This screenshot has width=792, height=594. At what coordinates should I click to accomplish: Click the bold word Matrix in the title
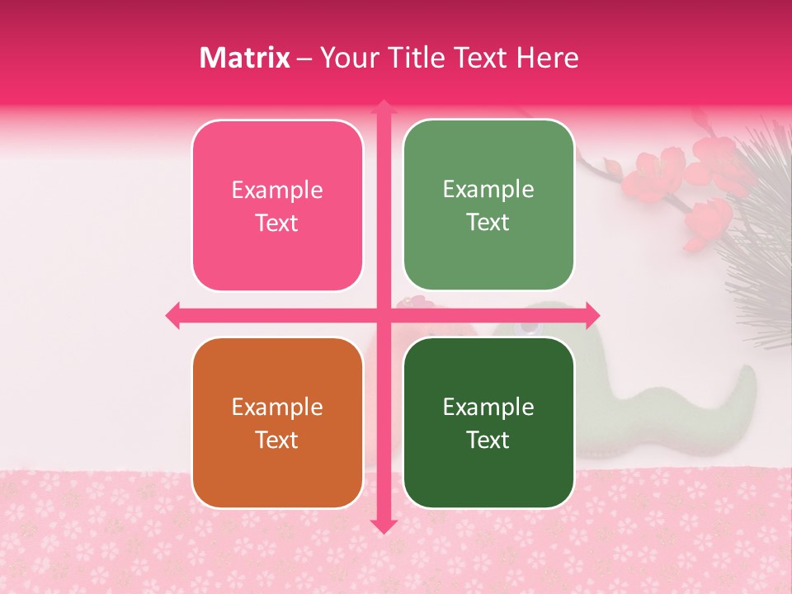click(x=245, y=58)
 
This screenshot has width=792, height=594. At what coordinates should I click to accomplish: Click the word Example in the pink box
click(x=277, y=191)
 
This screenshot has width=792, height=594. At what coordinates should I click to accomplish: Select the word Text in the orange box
click(x=277, y=440)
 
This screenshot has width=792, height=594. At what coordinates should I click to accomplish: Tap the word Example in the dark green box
click(x=488, y=407)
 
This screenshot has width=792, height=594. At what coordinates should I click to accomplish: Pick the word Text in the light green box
click(x=488, y=222)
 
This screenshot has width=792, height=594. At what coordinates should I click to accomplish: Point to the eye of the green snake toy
click(x=526, y=328)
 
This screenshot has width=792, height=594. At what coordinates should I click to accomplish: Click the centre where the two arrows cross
click(x=383, y=315)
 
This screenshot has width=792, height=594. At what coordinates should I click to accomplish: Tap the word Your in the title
click(x=347, y=58)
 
